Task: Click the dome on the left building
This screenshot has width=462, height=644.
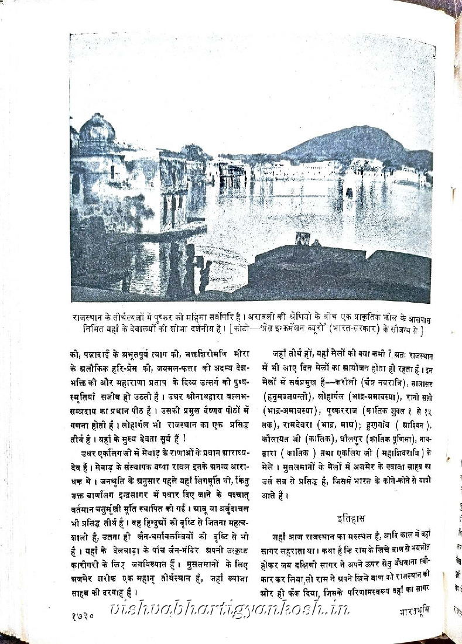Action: pos(96,127)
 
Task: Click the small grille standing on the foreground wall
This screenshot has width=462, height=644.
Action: pos(302,238)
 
